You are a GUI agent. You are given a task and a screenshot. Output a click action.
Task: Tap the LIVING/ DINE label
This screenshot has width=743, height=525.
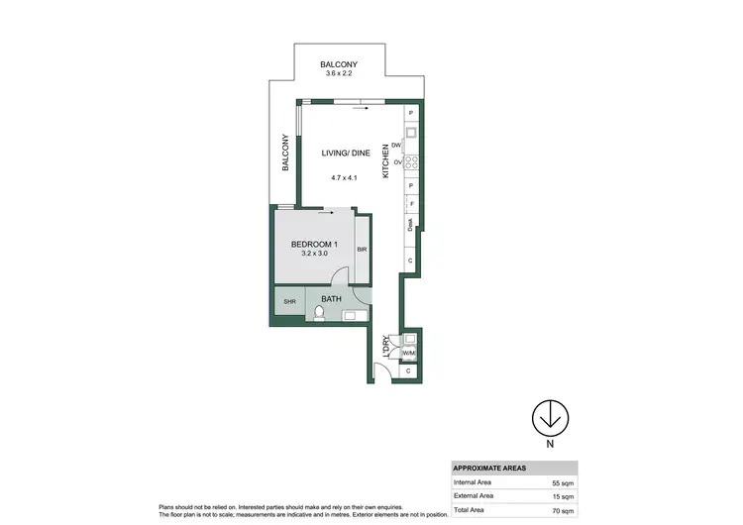[344, 153]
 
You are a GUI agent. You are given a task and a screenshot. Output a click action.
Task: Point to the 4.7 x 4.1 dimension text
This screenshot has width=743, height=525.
[344, 177]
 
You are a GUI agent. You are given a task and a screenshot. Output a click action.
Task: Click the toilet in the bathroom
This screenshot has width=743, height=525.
[319, 314]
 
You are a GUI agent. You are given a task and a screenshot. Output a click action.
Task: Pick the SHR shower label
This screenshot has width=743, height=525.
[290, 302]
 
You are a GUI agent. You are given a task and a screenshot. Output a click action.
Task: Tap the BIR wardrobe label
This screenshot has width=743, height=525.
[362, 250]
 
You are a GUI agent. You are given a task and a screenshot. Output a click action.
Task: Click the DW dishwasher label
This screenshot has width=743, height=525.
[396, 146]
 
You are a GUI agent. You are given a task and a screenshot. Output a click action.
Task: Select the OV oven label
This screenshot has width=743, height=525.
[396, 161]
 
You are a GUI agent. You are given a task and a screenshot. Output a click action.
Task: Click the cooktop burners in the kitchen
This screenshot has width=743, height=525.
[410, 163]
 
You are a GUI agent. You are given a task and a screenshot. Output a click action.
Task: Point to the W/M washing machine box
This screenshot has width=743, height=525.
[409, 354]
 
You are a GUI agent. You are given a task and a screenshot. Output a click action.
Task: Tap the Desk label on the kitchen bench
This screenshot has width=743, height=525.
[410, 225]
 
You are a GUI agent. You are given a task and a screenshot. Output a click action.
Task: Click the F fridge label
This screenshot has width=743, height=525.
[410, 204]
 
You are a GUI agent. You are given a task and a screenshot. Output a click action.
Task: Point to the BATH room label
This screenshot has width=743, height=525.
[332, 297]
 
